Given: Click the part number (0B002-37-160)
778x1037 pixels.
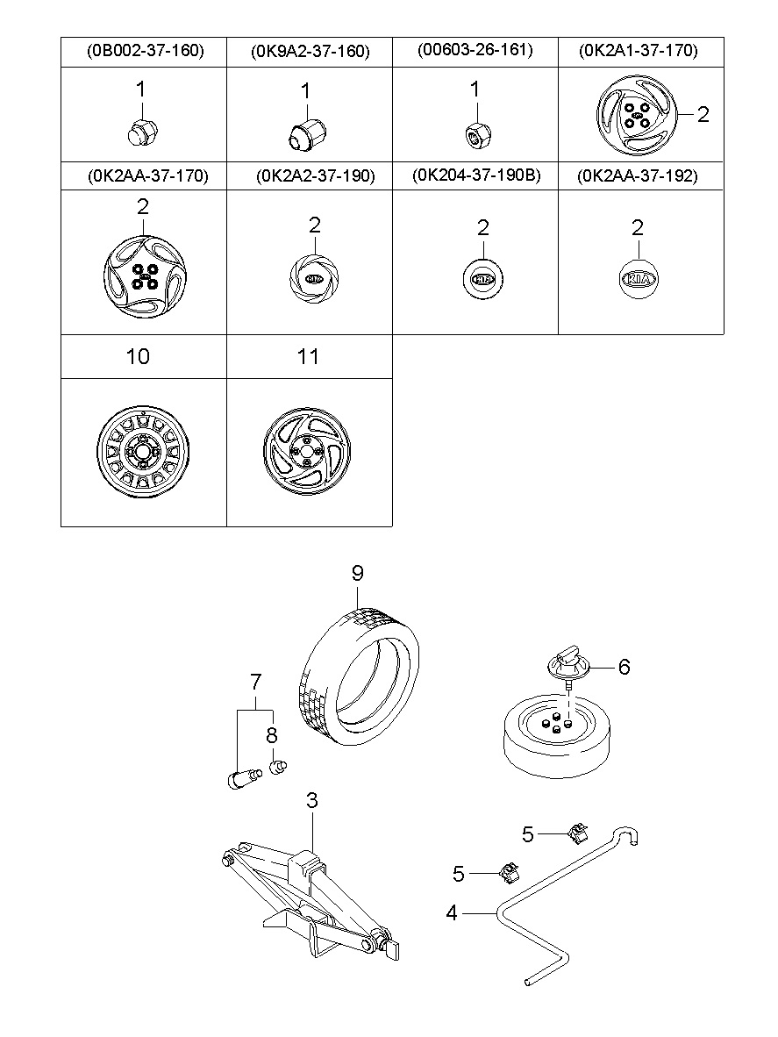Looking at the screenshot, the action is (146, 50).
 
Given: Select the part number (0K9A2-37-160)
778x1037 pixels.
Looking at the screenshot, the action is (310, 52).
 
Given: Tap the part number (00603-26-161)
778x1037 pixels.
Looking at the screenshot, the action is (475, 50).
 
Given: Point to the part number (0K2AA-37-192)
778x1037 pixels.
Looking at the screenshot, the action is (637, 176).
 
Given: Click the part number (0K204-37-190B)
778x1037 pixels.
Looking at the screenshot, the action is (476, 175).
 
